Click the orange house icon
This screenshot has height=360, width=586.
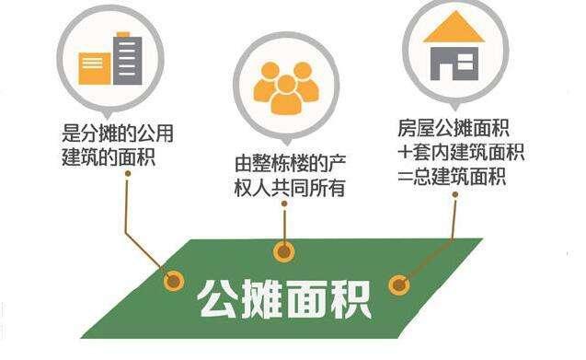454,49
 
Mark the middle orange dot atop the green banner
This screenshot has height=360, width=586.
284,250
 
